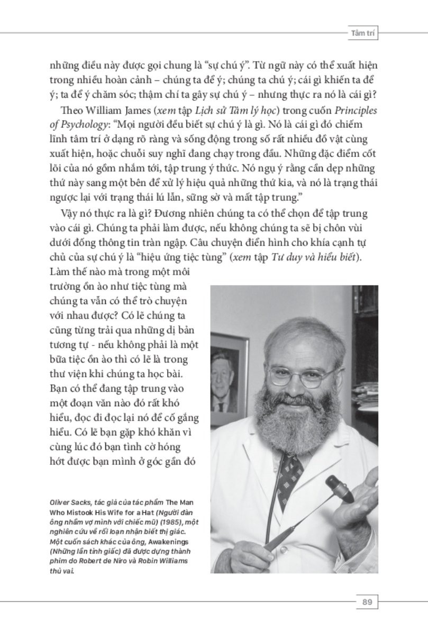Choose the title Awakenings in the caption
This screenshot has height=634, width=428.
coord(161,540)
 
